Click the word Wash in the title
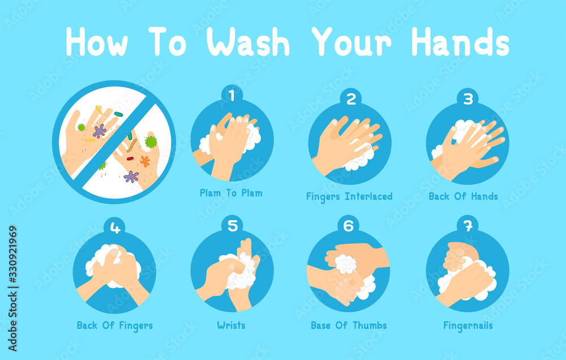click(248, 42)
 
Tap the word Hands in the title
click(460, 42)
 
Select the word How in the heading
click(97, 42)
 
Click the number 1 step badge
click(231, 95)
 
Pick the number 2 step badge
click(350, 98)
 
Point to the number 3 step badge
click(468, 98)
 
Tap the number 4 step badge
click(115, 228)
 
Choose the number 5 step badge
click(232, 226)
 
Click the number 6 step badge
click(348, 226)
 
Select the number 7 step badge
click(468, 226)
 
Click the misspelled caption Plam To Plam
click(231, 193)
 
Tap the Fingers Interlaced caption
click(349, 197)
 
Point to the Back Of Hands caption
click(463, 196)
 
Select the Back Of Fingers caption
click(115, 325)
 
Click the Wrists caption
click(231, 325)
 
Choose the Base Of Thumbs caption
click(349, 325)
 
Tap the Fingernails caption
click(468, 325)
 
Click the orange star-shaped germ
click(145, 161)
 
